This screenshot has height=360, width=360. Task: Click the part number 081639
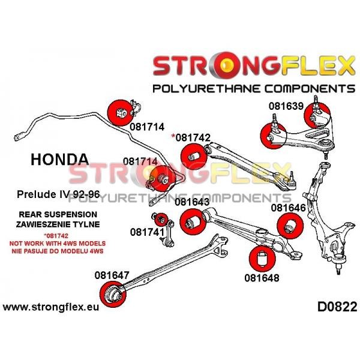click(x=286, y=106)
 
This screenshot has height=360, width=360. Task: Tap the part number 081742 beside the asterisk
click(x=193, y=137)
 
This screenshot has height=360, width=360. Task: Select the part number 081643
click(x=192, y=202)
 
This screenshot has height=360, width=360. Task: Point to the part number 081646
click(x=289, y=208)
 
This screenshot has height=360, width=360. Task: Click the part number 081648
click(x=262, y=278)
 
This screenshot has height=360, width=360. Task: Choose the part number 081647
click(x=112, y=275)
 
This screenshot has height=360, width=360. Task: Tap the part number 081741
click(x=148, y=232)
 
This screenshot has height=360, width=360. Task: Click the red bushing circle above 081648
click(x=262, y=259)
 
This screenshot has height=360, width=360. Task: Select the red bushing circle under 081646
click(x=290, y=226)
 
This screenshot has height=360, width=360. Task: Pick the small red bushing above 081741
click(x=161, y=220)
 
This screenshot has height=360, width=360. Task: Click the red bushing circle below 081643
click(x=193, y=222)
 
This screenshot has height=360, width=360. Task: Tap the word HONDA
click(x=59, y=160)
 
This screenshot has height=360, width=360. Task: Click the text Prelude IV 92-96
click(x=59, y=194)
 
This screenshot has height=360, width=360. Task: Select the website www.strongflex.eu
click(x=51, y=307)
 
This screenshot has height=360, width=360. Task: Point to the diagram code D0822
click(x=337, y=307)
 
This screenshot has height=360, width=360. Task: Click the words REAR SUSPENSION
click(x=58, y=214)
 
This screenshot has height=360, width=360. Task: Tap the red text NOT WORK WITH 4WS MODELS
click(x=58, y=244)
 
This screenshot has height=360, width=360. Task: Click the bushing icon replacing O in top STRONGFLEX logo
click(x=226, y=66)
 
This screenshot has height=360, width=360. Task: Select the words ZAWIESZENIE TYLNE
click(x=58, y=224)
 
